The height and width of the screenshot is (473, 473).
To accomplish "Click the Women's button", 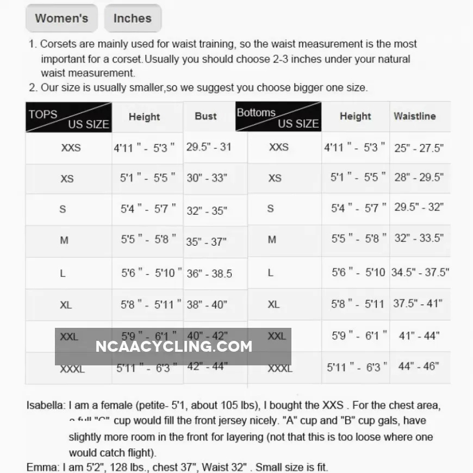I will [x=61, y=18].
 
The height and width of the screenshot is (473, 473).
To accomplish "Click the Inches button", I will [x=132, y=18].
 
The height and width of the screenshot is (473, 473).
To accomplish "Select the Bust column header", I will [x=206, y=116].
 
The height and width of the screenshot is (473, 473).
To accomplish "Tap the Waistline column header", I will [x=415, y=116].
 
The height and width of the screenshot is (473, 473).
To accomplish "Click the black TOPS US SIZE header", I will [x=69, y=117].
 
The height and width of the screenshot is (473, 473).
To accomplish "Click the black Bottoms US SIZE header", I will [x=278, y=117].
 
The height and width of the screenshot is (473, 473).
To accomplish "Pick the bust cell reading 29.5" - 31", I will [x=209, y=147].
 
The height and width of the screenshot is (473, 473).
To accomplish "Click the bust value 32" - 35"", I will [x=207, y=211].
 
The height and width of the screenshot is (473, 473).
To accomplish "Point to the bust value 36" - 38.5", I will [x=209, y=273].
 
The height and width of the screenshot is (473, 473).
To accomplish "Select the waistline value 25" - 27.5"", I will [x=419, y=148].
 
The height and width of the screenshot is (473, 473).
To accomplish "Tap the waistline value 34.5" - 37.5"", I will [x=420, y=272].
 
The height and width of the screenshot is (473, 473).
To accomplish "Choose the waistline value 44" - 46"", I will [x=418, y=366].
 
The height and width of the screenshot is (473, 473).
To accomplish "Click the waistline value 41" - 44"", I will [x=419, y=336].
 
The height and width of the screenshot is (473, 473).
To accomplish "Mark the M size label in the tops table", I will [x=64, y=240].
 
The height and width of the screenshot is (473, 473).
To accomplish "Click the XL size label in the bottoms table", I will [x=273, y=304].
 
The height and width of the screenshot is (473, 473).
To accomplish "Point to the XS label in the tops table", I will [x=67, y=178].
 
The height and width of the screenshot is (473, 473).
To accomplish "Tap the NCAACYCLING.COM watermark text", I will [x=174, y=346].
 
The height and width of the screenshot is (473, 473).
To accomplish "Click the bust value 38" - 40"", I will [x=207, y=304].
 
